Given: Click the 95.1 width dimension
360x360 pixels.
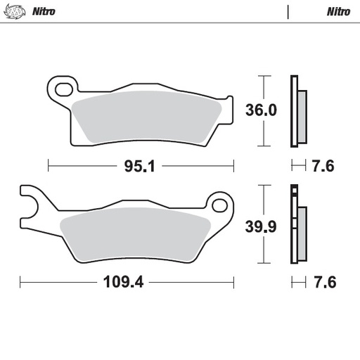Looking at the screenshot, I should [x=140, y=167].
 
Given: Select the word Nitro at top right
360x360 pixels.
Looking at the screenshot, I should [x=338, y=12].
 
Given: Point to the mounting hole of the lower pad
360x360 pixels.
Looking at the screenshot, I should [x=221, y=206].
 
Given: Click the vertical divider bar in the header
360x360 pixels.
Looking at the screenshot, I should [x=288, y=12].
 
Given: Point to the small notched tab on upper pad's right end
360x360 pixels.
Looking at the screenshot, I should [x=227, y=101].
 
